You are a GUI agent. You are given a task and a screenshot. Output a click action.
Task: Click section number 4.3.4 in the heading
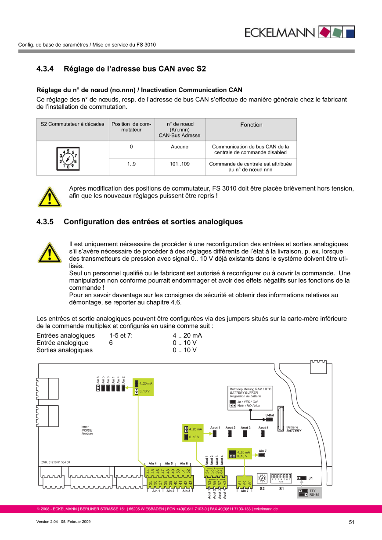tap(45, 69)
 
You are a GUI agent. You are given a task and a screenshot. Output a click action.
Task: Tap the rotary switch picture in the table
tap(68, 158)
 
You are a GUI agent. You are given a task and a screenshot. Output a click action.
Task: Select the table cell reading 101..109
tap(179, 164)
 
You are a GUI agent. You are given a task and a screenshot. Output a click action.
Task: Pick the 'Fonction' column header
tap(251, 125)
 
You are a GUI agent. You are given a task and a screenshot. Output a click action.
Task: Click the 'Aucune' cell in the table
tap(179, 147)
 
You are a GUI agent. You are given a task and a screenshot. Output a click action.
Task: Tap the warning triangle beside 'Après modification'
tap(49, 197)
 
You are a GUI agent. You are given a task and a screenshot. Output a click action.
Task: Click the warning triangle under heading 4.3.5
tap(49, 252)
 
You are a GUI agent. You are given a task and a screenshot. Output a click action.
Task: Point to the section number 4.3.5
tap(45, 222)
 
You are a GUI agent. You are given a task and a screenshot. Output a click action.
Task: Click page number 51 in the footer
tap(351, 522)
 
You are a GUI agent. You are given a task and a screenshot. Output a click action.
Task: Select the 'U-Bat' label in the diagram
tap(270, 415)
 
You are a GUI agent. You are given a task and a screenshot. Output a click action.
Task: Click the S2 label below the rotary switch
tap(262, 488)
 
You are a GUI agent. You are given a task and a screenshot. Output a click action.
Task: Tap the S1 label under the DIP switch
tap(282, 488)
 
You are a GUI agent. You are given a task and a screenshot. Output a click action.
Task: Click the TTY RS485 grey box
tap(309, 493)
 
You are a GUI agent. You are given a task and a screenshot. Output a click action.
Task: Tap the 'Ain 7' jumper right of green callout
tap(262, 455)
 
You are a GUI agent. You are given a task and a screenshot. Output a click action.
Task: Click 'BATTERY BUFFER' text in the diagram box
tap(244, 392)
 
